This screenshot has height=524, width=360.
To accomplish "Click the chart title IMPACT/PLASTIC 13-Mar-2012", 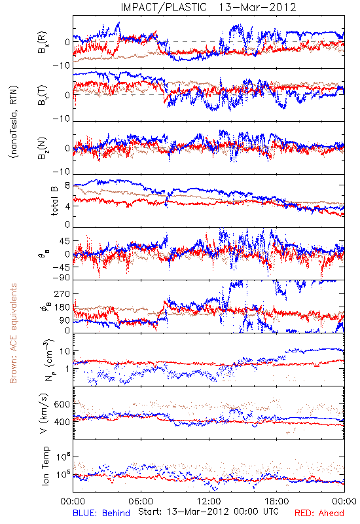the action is click(x=208, y=7).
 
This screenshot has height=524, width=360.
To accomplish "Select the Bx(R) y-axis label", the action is click(x=43, y=42).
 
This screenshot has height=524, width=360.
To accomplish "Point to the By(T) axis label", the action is click(x=43, y=95).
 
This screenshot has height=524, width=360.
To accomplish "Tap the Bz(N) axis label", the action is click(x=43, y=148).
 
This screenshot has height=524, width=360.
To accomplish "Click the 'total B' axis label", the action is click(x=54, y=201).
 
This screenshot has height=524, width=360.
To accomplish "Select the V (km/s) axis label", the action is click(x=43, y=413).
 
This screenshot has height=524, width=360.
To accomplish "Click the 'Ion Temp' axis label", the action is click(x=45, y=466).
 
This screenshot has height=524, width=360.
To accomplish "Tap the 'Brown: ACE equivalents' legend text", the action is click(x=13, y=333).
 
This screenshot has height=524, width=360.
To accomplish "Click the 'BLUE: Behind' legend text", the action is click(x=101, y=513).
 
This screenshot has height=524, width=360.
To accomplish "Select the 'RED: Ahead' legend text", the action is click(x=319, y=513).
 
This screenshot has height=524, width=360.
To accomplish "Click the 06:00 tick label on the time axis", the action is click(x=141, y=501).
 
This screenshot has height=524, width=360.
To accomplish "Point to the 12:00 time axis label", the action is click(x=209, y=501).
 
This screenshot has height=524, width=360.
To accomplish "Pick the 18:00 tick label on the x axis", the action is click(x=277, y=501).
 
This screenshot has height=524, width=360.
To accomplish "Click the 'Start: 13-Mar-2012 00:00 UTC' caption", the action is click(x=208, y=512).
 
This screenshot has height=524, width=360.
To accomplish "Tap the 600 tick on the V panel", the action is click(x=62, y=404).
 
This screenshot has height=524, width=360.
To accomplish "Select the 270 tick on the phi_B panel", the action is click(x=62, y=293).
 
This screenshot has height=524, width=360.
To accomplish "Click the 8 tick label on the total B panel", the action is click(x=67, y=186).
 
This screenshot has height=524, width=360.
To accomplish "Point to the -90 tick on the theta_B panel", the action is click(x=62, y=278).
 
